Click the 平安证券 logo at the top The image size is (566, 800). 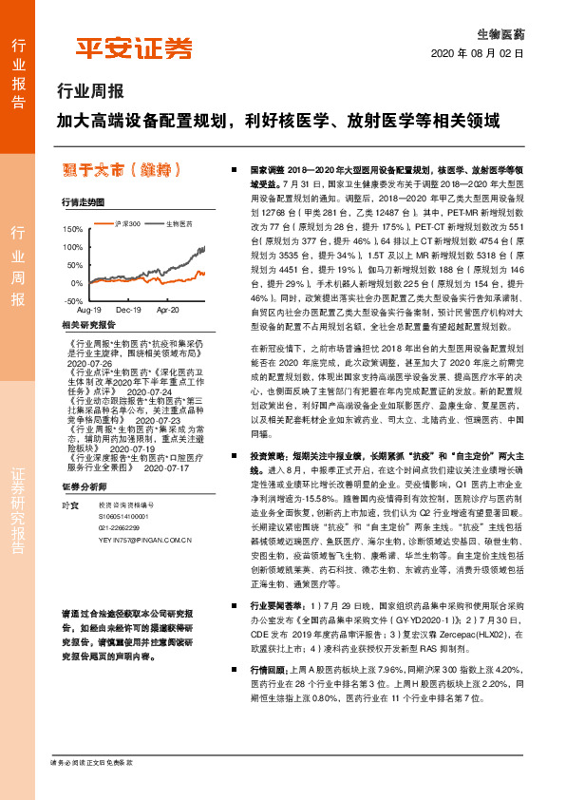click(x=133, y=48)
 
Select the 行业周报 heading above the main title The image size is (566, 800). click(x=91, y=93)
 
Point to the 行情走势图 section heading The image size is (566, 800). click(x=83, y=202)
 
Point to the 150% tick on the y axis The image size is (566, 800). click(x=72, y=229)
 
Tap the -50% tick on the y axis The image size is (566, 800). click(x=72, y=300)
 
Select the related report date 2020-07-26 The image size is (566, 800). click(x=90, y=363)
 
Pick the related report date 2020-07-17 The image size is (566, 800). click(x=166, y=468)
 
